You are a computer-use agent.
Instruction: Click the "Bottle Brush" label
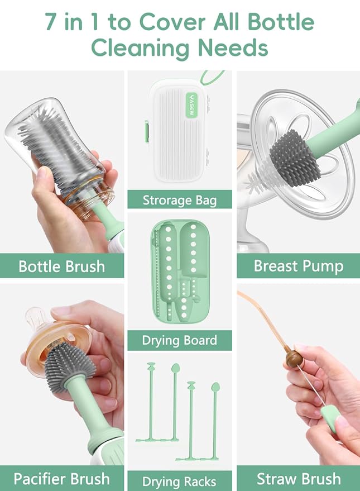[61, 265]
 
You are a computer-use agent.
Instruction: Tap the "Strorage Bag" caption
[179, 199]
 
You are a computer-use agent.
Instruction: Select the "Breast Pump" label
[298, 265]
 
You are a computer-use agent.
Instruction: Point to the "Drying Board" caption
[179, 340]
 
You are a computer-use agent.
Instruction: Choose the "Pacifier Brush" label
[61, 479]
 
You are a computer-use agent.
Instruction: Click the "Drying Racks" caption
[179, 481]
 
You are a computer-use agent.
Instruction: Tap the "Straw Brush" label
[298, 479]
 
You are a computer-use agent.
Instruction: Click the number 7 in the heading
[51, 22]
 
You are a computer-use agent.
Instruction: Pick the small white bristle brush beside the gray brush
[260, 182]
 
